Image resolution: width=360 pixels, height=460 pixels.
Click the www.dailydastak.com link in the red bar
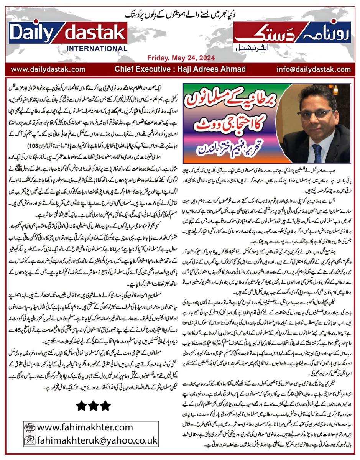point(48,69)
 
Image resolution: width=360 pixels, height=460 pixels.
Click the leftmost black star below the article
point(81,405)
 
